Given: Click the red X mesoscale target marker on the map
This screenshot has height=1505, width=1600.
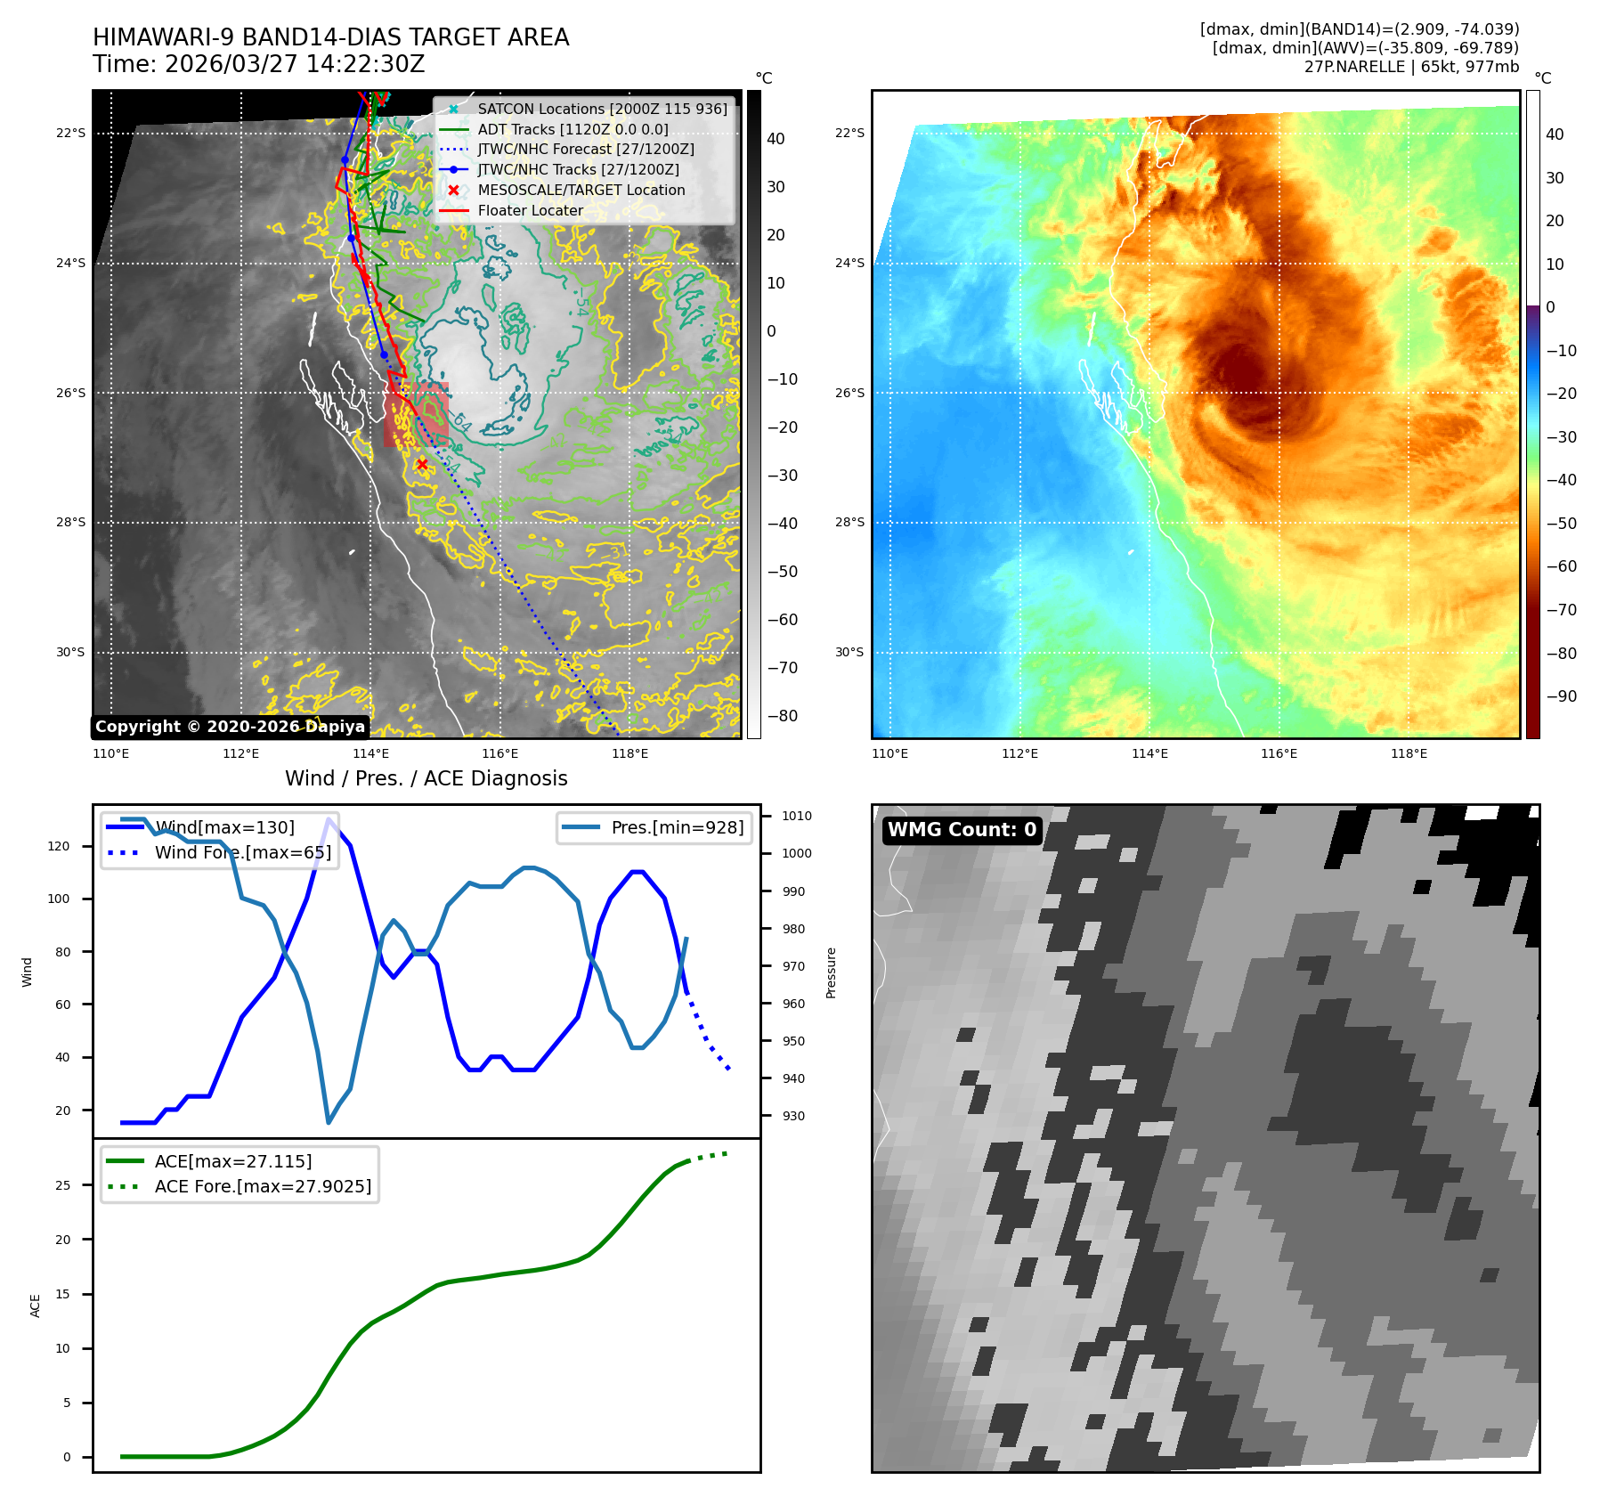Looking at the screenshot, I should [x=422, y=464].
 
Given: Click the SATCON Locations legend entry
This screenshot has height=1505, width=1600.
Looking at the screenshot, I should [x=602, y=109].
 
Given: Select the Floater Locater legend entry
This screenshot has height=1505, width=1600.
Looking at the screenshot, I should [x=530, y=210].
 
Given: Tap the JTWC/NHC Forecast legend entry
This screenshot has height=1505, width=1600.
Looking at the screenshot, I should [x=585, y=149].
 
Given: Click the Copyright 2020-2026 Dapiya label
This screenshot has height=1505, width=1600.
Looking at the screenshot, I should [x=230, y=727].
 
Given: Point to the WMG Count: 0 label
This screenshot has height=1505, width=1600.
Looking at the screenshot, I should [x=962, y=830].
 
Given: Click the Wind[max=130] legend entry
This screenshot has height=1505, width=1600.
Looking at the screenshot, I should [x=224, y=827].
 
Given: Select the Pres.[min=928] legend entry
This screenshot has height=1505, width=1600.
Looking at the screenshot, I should [x=677, y=827].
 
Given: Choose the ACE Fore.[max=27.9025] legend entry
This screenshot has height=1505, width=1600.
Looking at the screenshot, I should [x=263, y=1186].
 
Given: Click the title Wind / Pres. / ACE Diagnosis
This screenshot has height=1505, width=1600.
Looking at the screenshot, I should [x=426, y=778].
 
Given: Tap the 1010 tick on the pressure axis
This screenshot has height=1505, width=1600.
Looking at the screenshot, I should [x=797, y=816].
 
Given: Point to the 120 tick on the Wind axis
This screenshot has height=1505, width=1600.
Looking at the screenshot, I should [x=59, y=846].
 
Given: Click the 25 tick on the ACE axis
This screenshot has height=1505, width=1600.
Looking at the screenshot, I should [x=62, y=1185].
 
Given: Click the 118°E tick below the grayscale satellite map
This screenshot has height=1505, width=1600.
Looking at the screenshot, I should [x=629, y=753].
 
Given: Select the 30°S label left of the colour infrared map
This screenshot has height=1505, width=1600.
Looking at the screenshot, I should [x=849, y=652].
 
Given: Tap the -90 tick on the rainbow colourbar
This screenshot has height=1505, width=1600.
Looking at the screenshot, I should [x=1561, y=696].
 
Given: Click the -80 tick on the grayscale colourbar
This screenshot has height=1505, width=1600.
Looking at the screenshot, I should [x=783, y=715].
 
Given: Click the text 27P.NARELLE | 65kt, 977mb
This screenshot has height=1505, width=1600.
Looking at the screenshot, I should [x=1411, y=67].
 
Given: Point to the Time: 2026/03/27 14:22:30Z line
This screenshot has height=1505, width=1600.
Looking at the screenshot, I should [x=258, y=64].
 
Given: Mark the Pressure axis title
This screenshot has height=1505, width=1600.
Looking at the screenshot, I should [x=831, y=972].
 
